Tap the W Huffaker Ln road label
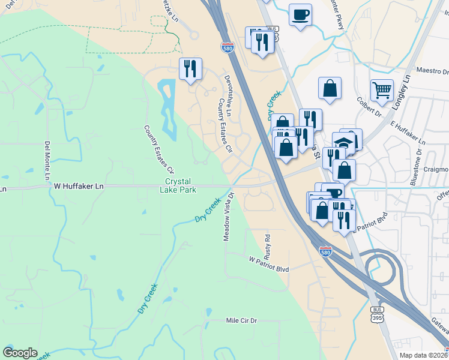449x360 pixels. [x=79, y=187]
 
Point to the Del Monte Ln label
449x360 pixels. [x=47, y=160]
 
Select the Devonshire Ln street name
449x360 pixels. [x=228, y=96]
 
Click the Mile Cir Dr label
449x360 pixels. [x=241, y=321]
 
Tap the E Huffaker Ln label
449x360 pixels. [x=407, y=133]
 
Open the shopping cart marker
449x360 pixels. [x=382, y=91]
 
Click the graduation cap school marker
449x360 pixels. [x=343, y=144]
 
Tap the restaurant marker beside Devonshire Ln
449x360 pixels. [x=190, y=69]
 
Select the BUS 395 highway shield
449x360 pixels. [x=377, y=314]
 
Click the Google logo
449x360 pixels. [x=20, y=353]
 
